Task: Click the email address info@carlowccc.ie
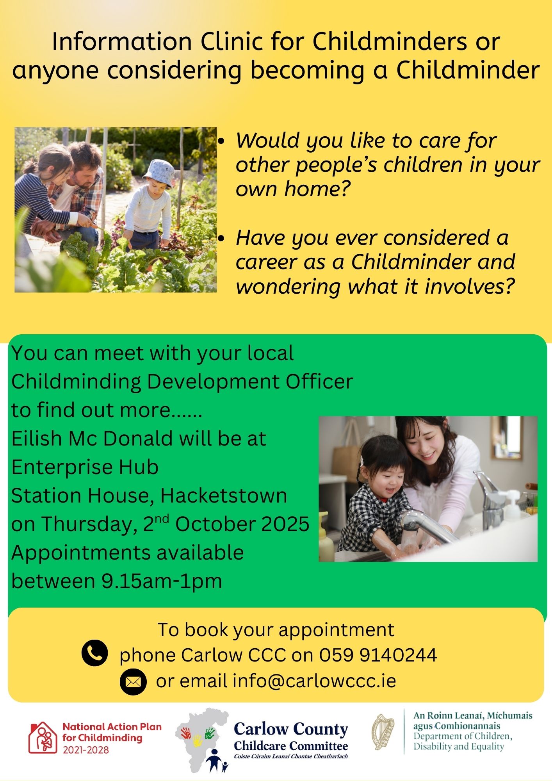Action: pos(315,681)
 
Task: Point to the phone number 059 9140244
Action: pos(378,655)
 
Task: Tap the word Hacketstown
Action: pos(224,496)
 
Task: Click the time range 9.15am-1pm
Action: pos(162,581)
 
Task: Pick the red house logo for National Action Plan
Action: pos(43,737)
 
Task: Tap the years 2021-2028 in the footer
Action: pos(86,750)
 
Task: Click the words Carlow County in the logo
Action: pos(291,729)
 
